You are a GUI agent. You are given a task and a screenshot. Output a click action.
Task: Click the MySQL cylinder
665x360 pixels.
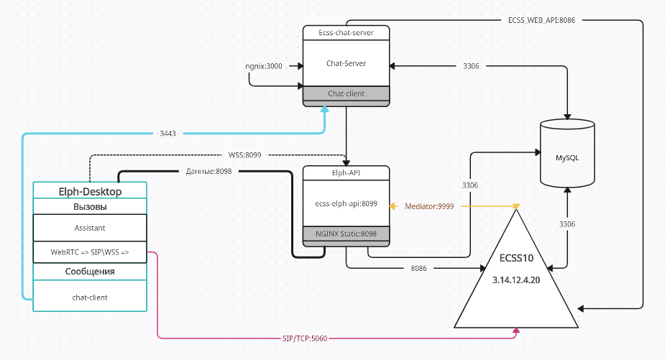567,157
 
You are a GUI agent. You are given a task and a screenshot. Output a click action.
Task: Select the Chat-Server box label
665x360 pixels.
346,63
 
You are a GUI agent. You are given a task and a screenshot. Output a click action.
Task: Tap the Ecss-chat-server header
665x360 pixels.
346,32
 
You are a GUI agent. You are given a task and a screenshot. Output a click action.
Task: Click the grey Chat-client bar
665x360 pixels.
346,93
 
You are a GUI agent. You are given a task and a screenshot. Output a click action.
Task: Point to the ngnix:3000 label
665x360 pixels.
264,66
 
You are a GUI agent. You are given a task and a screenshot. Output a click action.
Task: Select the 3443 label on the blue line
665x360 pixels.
169,133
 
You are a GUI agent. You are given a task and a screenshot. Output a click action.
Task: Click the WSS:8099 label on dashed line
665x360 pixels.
244,154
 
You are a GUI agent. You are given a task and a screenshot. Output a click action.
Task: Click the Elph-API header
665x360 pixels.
346,172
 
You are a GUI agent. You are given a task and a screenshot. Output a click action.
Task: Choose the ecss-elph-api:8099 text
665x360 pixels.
346,203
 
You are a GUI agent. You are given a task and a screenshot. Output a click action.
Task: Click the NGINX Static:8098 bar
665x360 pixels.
346,234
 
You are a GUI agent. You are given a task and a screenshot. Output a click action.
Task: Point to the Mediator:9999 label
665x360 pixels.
429,206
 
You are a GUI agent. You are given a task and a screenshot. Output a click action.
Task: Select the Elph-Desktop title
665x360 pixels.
90,192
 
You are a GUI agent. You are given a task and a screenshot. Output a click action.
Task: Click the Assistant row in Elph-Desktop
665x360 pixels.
90,228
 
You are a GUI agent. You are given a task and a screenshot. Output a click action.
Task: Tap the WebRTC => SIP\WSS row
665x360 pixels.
90,252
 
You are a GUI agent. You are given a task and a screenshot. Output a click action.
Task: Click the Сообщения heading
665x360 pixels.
90,272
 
